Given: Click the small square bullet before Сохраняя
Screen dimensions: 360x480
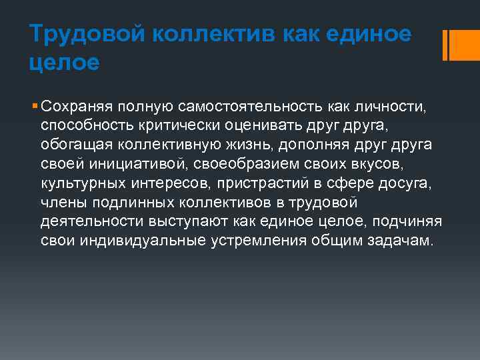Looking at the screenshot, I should (34, 106).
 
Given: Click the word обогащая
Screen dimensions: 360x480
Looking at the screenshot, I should (75, 145).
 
